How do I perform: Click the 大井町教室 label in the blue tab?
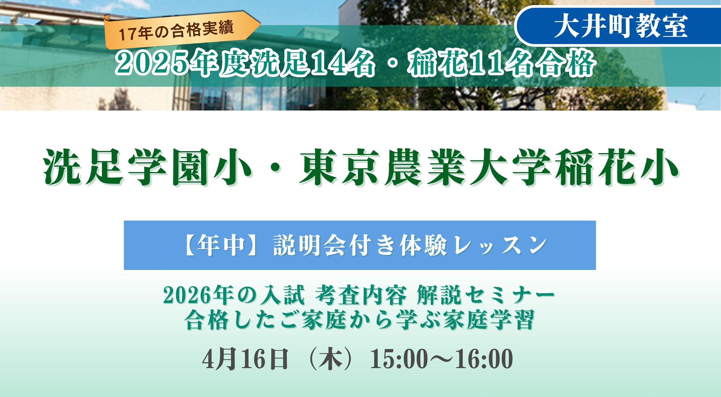[x=621, y=26]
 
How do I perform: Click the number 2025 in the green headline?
[x=152, y=63]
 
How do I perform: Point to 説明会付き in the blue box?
[x=335, y=245]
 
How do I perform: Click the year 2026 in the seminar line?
[x=188, y=296]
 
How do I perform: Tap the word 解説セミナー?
[x=486, y=295]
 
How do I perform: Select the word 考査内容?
[x=361, y=295]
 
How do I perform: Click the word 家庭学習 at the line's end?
[x=489, y=320]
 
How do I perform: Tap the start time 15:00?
[x=399, y=359]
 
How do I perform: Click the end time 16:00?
[x=484, y=359]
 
